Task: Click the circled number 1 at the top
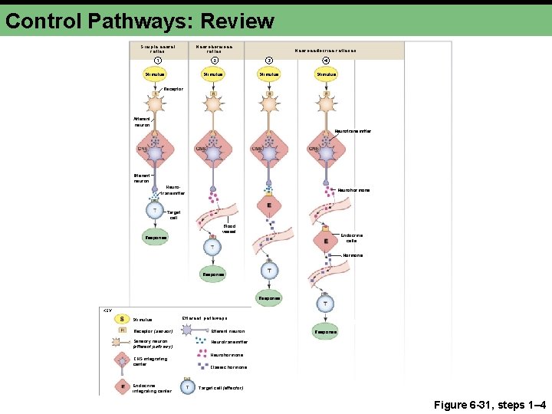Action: (x=157, y=61)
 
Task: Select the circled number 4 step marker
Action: (x=325, y=61)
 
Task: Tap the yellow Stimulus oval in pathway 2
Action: (x=212, y=74)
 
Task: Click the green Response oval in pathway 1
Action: (x=156, y=238)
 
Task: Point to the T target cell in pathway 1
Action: (x=156, y=212)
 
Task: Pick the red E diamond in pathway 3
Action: (x=268, y=205)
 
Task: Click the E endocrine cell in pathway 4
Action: (x=325, y=242)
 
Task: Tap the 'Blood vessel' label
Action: (x=229, y=229)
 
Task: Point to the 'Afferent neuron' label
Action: (x=142, y=121)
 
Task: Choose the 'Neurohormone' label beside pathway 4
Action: (x=354, y=190)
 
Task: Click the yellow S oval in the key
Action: (x=123, y=319)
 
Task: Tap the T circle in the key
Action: (x=188, y=388)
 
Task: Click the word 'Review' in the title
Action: (x=239, y=21)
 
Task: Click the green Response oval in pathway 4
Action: (x=325, y=332)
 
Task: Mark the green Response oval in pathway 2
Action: (x=212, y=274)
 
